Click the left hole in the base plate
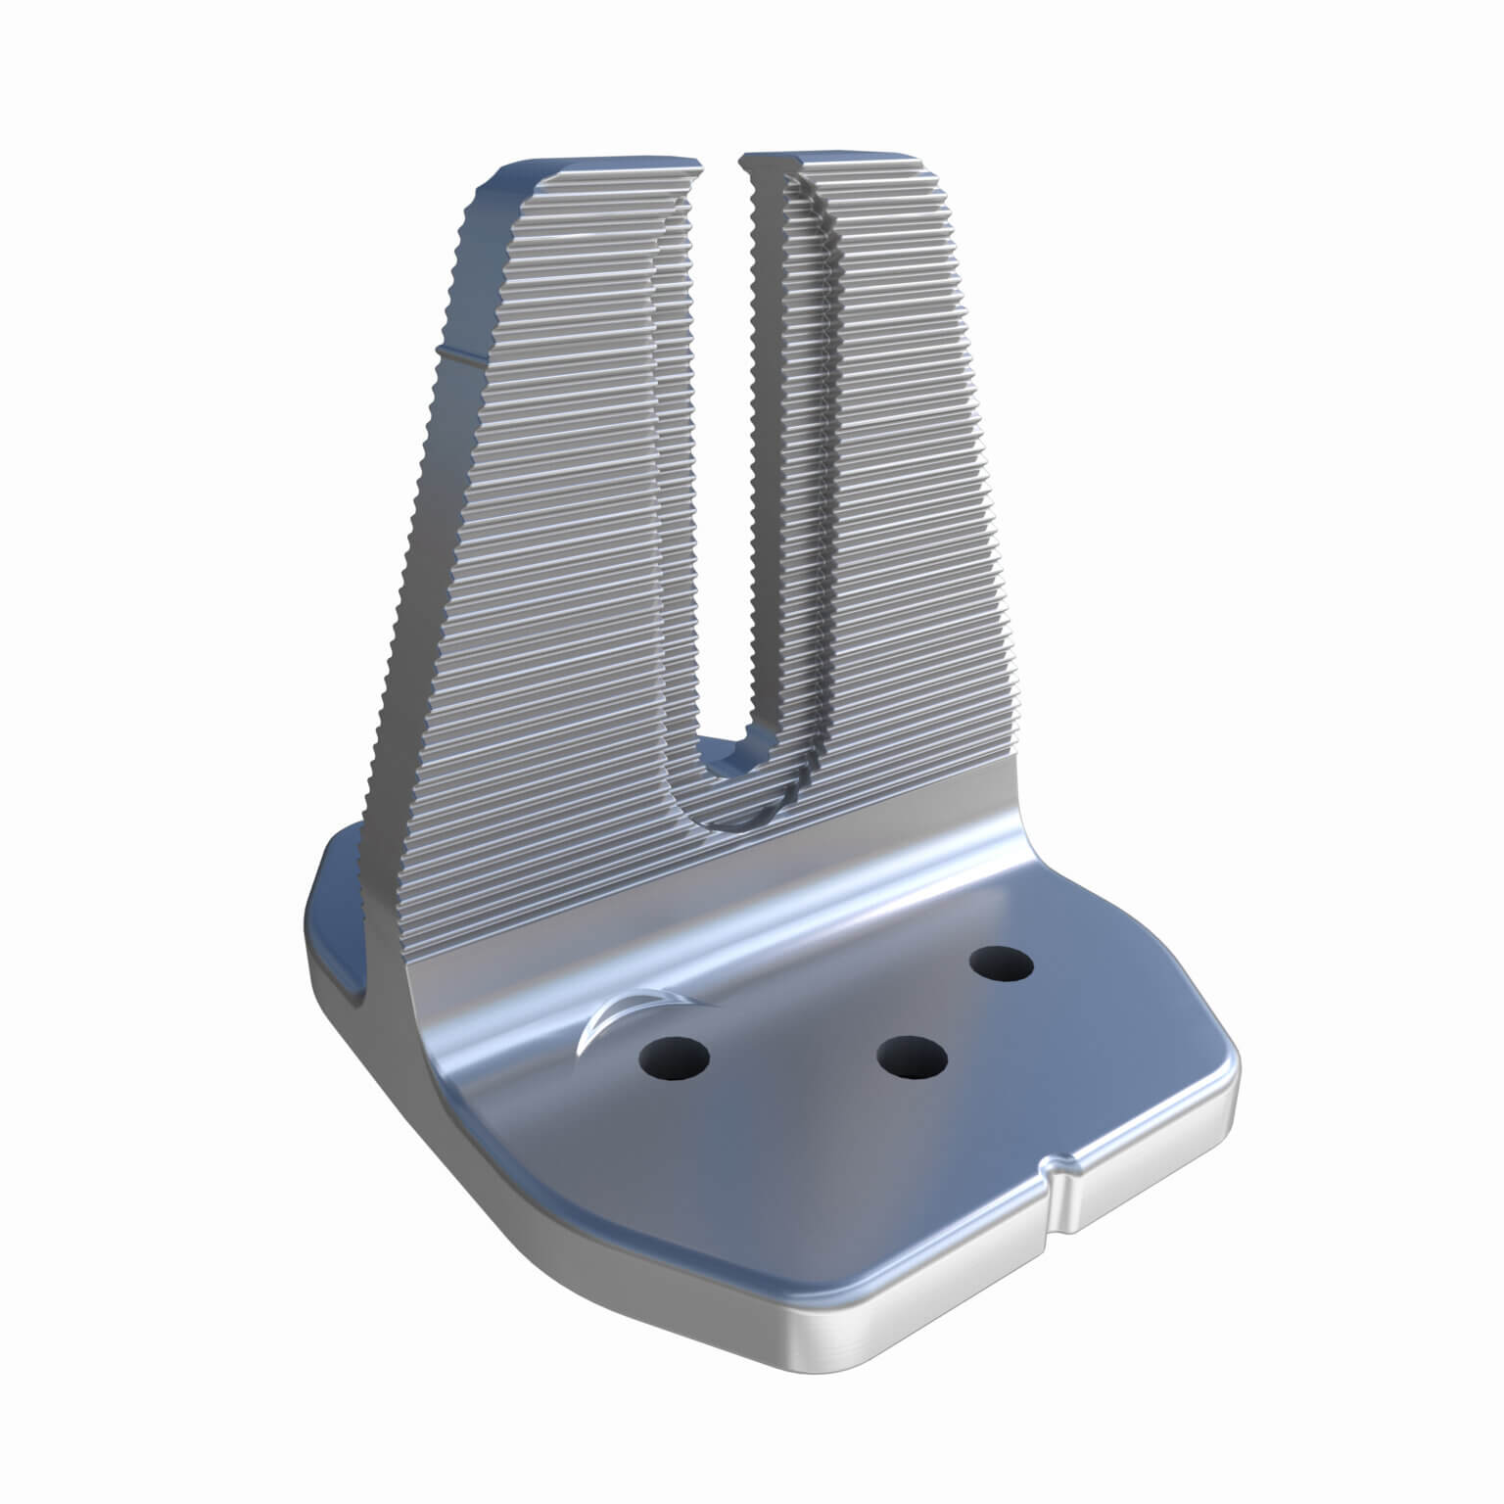pyautogui.click(x=674, y=1057)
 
